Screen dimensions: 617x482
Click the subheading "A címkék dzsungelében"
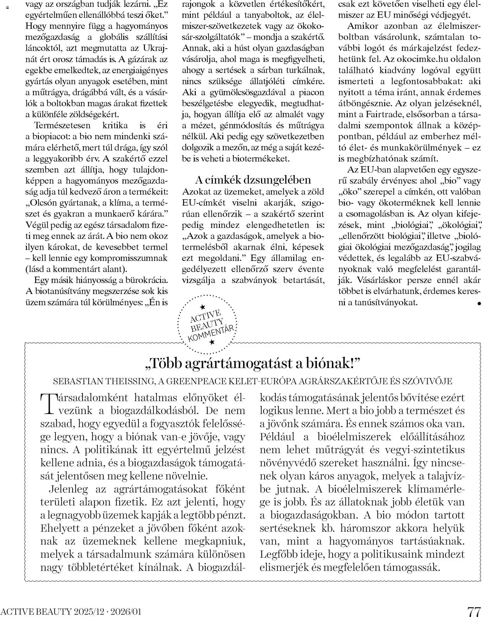(253, 180)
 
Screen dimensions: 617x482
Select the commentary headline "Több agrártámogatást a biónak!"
(253, 363)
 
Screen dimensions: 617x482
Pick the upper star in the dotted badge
(202, 307)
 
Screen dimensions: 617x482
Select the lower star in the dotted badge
(212, 342)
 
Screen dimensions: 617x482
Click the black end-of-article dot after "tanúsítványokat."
(479, 303)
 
